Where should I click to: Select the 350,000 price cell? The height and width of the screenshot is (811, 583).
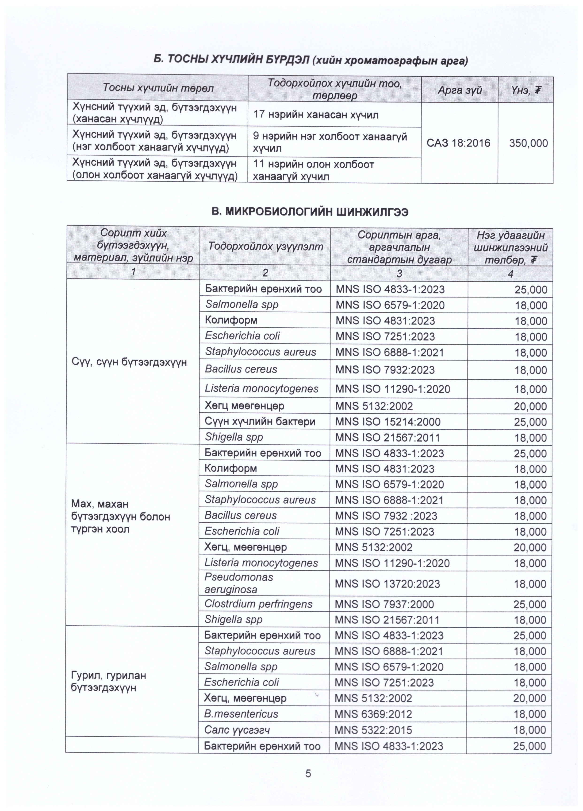coord(528,143)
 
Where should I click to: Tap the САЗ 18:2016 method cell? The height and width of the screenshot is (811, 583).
coord(458,143)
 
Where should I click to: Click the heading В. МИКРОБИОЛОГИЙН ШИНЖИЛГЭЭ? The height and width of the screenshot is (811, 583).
coord(310,212)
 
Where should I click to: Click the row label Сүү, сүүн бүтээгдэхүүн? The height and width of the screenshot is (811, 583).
coord(129,362)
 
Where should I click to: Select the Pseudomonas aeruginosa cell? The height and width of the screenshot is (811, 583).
coord(239,583)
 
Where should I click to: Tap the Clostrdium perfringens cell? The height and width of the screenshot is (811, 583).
coord(258,604)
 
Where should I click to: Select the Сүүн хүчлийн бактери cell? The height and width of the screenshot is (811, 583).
coord(260,422)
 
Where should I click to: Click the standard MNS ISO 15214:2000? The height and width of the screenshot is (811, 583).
coord(387,422)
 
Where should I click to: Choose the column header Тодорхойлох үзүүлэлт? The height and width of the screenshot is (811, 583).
coord(265,246)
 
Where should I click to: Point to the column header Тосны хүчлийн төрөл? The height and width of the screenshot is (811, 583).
coord(158,88)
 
